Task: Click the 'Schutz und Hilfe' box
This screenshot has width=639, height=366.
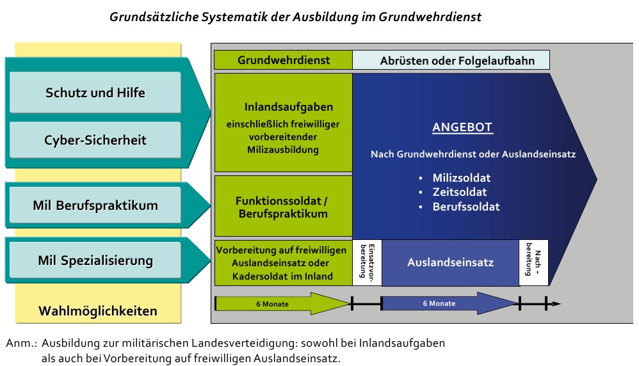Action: (x=95, y=92)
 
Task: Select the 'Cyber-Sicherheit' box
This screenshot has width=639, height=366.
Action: (x=95, y=139)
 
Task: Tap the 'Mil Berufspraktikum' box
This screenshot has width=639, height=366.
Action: (x=95, y=205)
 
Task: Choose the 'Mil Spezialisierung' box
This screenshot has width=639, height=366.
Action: (x=95, y=260)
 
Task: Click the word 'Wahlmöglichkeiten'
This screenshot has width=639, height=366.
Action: (x=98, y=311)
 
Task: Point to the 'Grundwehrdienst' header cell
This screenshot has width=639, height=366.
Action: (x=283, y=60)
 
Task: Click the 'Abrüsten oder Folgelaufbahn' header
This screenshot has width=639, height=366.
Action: (x=451, y=60)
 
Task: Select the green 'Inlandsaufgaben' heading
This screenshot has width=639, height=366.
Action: (x=289, y=107)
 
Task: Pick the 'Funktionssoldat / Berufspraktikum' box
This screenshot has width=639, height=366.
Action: (x=283, y=206)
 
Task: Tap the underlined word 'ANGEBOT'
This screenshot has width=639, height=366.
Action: (x=462, y=127)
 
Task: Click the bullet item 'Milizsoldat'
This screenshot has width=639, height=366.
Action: (x=461, y=177)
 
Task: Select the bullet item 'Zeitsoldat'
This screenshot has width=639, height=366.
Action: (x=459, y=192)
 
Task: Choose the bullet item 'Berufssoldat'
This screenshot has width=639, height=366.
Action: (x=465, y=207)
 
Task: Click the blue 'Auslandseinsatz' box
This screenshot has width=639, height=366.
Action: (x=450, y=262)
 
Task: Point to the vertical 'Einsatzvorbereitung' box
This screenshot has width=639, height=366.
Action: (x=367, y=262)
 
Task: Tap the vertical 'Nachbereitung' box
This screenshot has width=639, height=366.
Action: (x=534, y=262)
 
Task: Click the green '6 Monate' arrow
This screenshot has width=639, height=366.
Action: (x=283, y=304)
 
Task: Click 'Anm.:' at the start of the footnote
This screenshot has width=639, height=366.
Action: (x=21, y=343)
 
